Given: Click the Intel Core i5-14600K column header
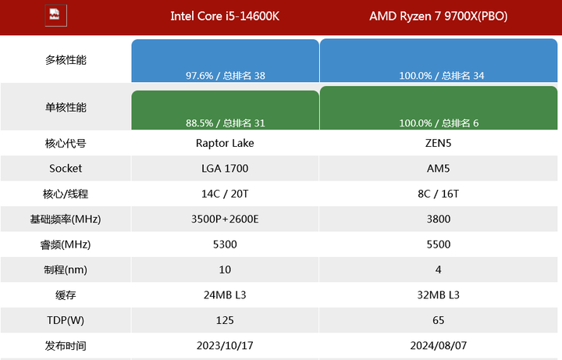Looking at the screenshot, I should coord(225,16).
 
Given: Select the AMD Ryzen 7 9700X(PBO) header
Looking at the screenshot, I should coord(438,16).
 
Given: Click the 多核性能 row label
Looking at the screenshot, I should coord(66,59).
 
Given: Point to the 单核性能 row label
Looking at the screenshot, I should coord(66,108).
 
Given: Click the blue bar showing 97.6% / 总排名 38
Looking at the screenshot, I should coord(226,61).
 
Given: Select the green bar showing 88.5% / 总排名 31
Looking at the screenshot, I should coord(226,110).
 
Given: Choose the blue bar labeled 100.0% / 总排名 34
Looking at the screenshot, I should coord(439,60).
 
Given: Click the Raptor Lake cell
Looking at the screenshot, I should coord(225,143).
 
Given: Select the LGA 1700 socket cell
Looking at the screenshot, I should coord(225,168).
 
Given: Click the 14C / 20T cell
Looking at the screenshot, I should coord(225,194).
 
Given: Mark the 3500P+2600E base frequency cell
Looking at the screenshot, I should coord(225,219).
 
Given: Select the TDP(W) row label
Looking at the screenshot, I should coord(66,320).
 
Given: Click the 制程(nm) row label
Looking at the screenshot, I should coord(66,269).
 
